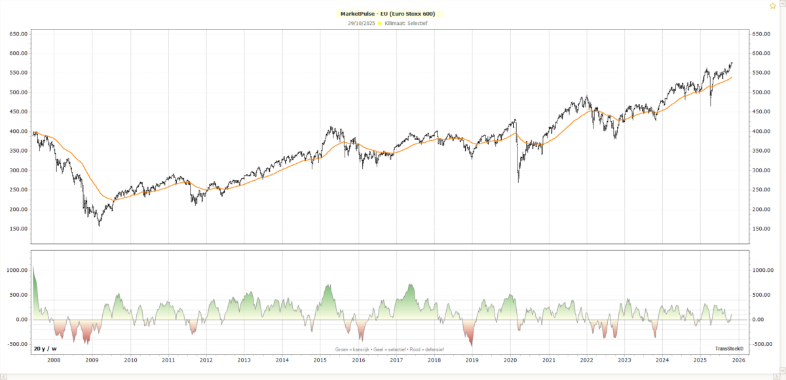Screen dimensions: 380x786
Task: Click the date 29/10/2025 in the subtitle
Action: [362, 23]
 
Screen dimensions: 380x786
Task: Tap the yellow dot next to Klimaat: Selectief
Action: [380, 23]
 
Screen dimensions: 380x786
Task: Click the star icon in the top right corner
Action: [772, 5]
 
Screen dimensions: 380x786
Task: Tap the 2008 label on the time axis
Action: [54, 360]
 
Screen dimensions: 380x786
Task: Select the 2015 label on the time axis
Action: [320, 360]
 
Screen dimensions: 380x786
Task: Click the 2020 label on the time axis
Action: [510, 360]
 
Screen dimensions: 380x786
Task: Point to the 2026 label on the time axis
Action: [738, 360]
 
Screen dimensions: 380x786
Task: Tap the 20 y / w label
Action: [45, 349]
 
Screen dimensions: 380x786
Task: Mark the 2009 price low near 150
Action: [100, 225]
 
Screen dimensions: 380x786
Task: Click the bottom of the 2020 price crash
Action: [518, 181]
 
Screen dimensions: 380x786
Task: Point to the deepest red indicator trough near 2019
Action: [471, 346]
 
